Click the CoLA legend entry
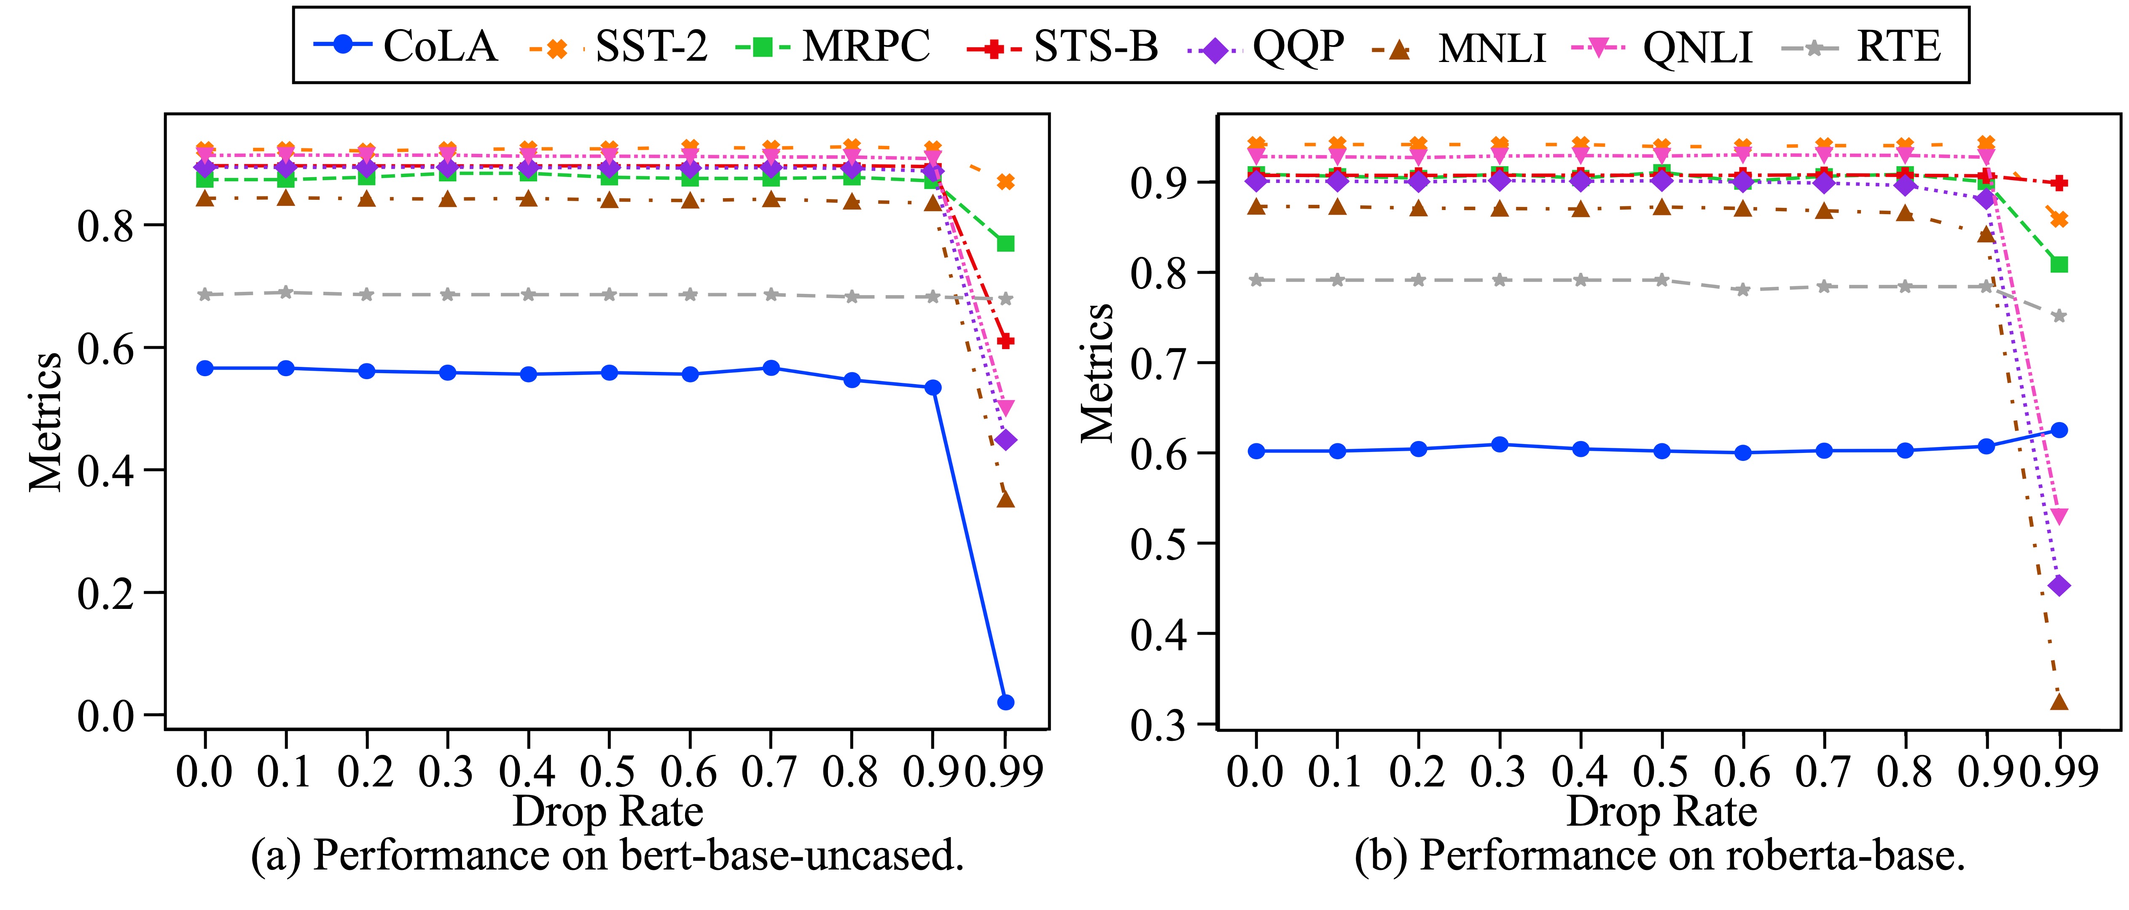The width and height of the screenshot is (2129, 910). point(405,46)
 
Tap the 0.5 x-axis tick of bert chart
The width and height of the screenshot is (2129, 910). point(609,771)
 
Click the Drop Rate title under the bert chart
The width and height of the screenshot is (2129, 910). point(608,812)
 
